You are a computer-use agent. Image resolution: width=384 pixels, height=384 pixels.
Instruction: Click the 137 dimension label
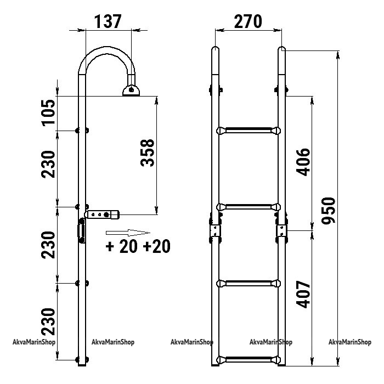click(108, 21)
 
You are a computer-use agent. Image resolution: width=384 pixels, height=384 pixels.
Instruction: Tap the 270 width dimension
click(248, 21)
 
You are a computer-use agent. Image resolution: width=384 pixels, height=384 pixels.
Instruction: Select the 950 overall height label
click(328, 211)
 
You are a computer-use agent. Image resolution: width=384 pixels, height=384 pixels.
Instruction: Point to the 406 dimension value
click(303, 162)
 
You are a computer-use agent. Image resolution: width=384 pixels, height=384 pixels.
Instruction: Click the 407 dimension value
click(303, 294)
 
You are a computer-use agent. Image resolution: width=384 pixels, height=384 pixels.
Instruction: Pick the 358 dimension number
click(148, 153)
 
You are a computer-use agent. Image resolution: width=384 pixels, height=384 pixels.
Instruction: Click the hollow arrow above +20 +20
click(128, 233)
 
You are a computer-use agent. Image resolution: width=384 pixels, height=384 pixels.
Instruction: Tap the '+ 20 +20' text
click(138, 246)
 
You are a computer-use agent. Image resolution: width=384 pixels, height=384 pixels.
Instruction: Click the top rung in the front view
click(249, 131)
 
